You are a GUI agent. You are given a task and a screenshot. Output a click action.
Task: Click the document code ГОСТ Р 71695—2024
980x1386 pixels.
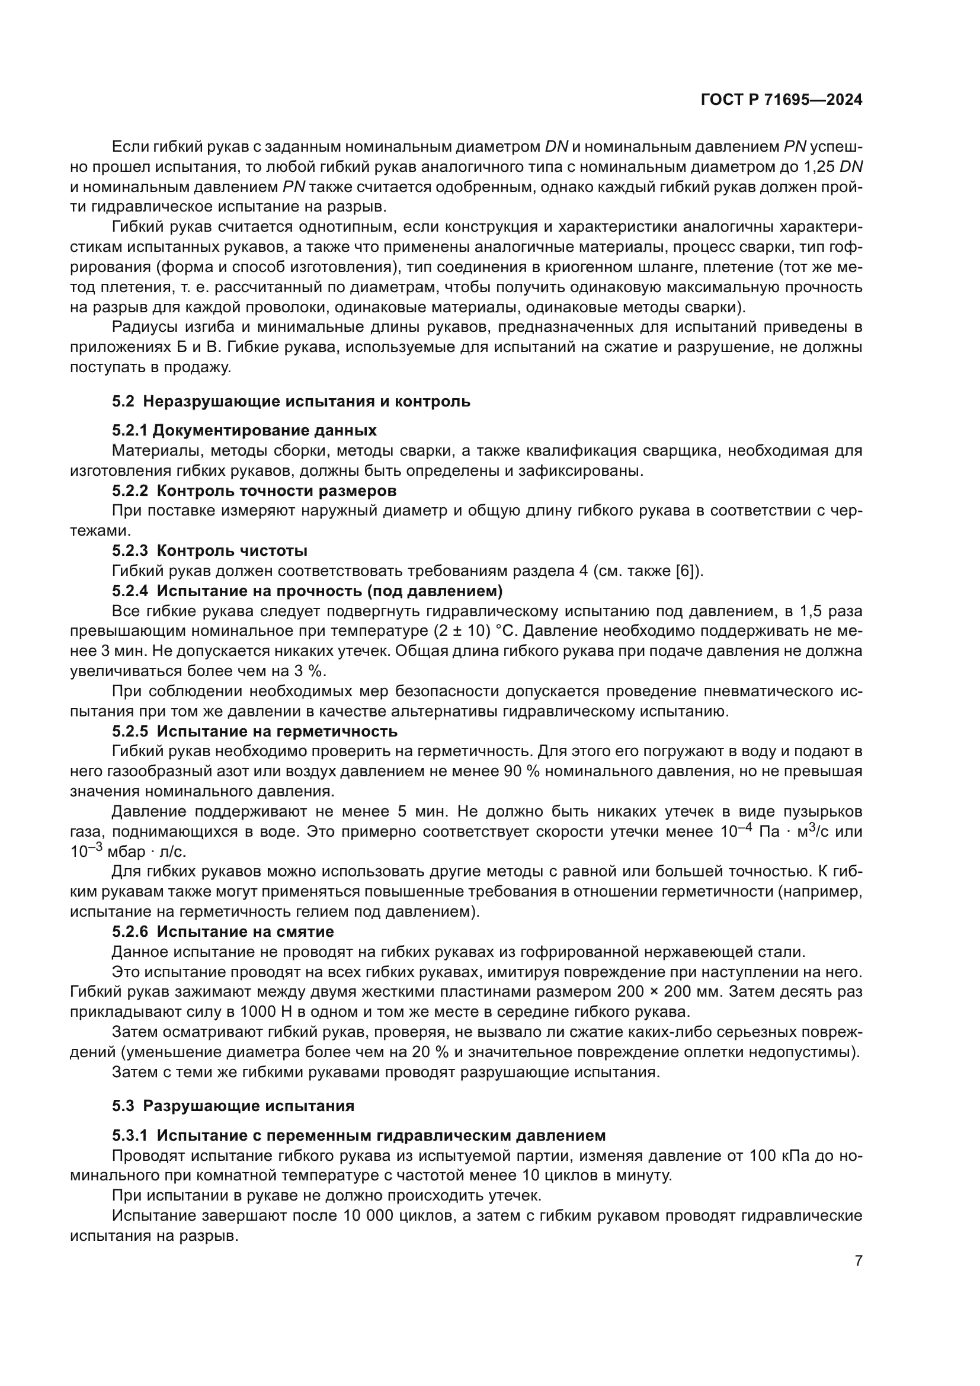[782, 100]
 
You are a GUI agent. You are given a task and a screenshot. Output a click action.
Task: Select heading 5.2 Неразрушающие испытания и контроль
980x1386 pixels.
[291, 401]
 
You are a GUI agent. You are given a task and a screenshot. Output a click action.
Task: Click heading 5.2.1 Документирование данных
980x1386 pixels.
[244, 430]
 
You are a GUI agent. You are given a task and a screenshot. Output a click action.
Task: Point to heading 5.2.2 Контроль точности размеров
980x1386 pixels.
[254, 491]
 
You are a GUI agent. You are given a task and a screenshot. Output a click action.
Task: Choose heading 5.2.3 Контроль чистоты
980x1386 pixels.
[209, 550]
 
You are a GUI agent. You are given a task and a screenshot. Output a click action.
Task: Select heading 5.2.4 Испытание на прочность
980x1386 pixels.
[307, 590]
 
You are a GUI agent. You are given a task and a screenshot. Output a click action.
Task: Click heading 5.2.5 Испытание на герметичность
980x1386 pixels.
[254, 732]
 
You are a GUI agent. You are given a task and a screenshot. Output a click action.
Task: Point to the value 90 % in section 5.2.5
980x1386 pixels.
[521, 772]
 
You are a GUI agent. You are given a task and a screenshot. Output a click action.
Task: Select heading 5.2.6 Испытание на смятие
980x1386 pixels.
[223, 932]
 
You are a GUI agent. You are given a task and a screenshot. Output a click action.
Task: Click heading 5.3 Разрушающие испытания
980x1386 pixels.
[233, 1106]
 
